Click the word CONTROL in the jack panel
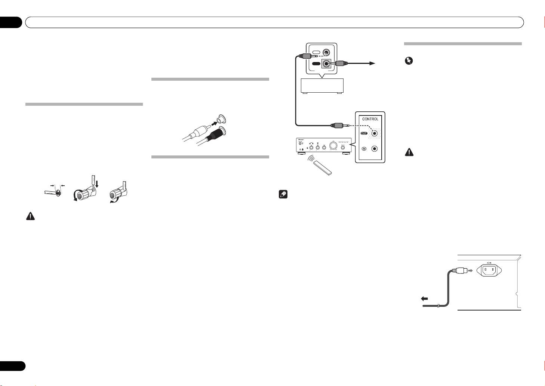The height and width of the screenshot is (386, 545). [x=370, y=119]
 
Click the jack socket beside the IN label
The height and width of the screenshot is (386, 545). [x=374, y=148]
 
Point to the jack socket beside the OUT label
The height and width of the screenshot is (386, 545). [x=374, y=133]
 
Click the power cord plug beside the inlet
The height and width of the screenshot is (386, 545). [x=459, y=270]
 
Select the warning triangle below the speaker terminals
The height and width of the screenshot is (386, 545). [x=30, y=216]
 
